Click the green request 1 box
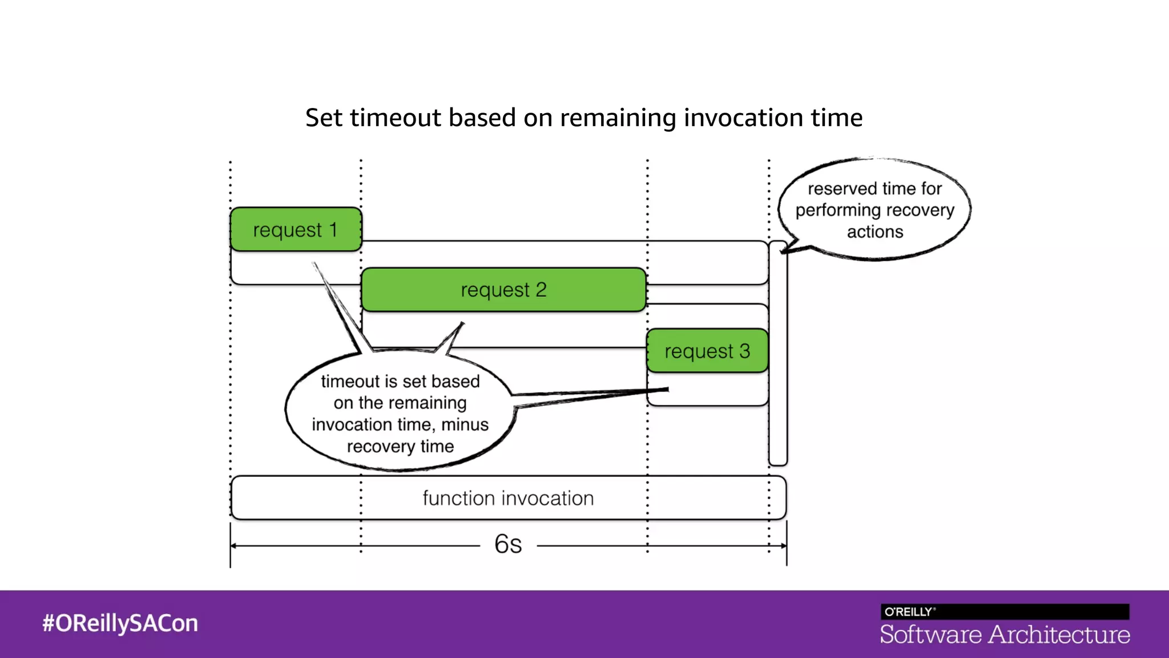(296, 230)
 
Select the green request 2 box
(503, 290)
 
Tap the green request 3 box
(707, 351)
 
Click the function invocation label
(508, 498)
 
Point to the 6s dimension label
(508, 544)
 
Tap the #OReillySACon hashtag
(120, 623)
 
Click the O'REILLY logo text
(909, 612)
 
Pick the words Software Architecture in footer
(1005, 635)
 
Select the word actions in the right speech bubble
(874, 232)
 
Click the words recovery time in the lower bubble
(400, 446)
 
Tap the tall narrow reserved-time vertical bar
(778, 354)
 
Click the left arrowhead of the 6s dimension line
(234, 546)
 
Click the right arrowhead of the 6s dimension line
(783, 546)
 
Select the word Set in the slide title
(324, 118)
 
